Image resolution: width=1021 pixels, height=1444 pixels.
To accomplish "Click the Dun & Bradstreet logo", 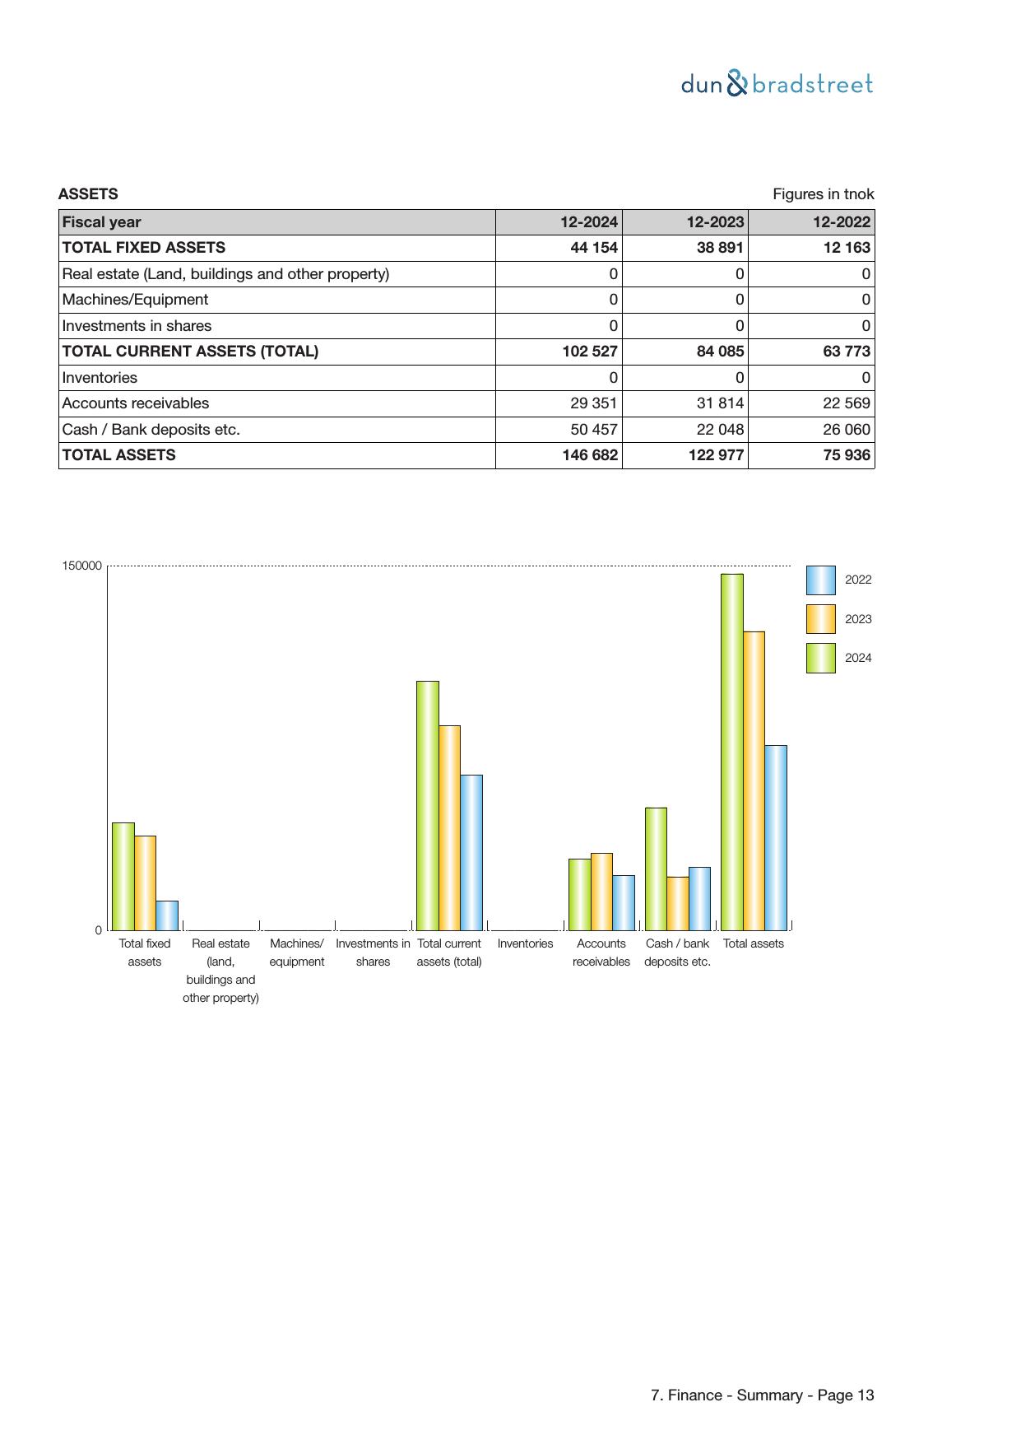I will [x=777, y=84].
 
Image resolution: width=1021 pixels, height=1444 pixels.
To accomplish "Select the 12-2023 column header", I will [x=715, y=222].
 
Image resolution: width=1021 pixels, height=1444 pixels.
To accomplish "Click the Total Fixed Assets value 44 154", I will [x=593, y=248].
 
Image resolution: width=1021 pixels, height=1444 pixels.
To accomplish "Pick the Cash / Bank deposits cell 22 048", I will [x=720, y=430].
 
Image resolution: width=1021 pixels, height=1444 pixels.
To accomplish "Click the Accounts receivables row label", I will [x=136, y=403].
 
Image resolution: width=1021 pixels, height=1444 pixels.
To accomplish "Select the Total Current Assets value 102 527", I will [x=589, y=352].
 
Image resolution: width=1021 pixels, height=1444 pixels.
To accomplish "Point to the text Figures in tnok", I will [x=823, y=194].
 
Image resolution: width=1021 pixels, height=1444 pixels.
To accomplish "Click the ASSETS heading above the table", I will [x=88, y=194].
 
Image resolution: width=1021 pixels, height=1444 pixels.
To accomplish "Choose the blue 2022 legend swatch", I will [x=820, y=580].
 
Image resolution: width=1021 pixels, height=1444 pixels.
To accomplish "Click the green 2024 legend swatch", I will [x=820, y=658].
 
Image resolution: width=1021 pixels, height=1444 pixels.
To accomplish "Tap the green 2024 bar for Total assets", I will [x=731, y=752].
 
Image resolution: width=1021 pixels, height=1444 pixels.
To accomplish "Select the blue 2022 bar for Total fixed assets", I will [x=167, y=915].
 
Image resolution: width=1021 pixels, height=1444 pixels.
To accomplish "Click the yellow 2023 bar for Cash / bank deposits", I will [x=677, y=903].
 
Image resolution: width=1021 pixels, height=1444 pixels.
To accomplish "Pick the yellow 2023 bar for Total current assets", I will [x=449, y=827].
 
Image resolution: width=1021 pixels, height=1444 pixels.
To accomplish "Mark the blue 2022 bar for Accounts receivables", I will [x=624, y=902].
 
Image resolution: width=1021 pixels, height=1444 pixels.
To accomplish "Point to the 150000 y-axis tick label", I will [x=82, y=566].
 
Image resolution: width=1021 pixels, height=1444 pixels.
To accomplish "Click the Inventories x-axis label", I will [x=525, y=943].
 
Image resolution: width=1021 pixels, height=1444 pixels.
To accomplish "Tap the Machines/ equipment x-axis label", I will [x=297, y=953].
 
